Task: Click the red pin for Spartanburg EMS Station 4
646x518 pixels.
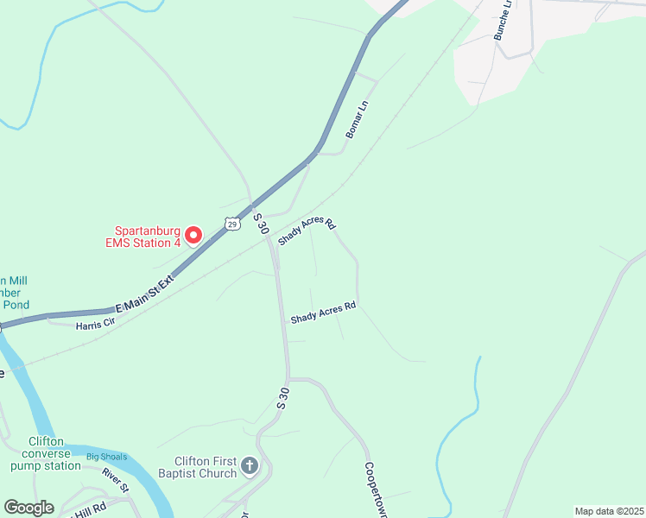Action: [x=193, y=235]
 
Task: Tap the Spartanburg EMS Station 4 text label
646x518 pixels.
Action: [x=148, y=237]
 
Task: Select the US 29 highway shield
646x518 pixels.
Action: [x=231, y=224]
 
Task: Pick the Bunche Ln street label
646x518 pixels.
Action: [x=503, y=20]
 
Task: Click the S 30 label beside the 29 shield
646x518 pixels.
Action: [x=260, y=222]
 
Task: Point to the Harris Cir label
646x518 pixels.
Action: [x=95, y=325]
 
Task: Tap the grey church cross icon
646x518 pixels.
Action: [x=250, y=467]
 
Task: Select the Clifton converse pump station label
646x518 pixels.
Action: [x=45, y=453]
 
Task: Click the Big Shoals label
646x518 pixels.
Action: [x=106, y=457]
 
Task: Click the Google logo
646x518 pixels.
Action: [x=29, y=508]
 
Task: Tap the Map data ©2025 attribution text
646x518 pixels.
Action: [x=609, y=511]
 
